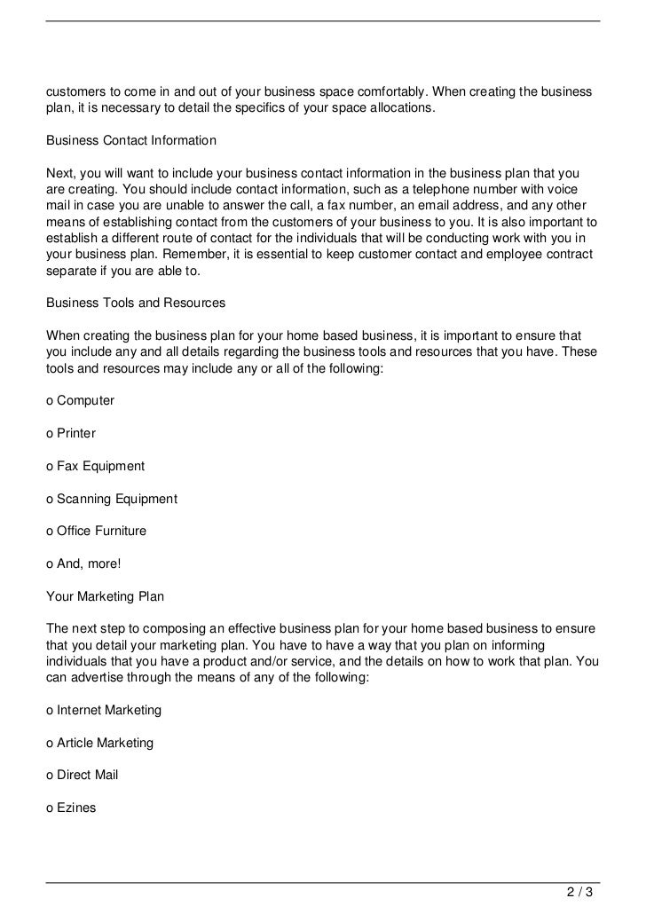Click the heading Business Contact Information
coord(130,141)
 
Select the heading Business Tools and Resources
coord(135,303)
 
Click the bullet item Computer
coord(80,400)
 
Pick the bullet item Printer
coord(70,433)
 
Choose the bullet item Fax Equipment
coord(95,466)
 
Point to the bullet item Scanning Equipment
coord(111,499)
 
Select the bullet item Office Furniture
coord(96,531)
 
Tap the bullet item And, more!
coord(82,563)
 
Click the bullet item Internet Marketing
coord(103,710)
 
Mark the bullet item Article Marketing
coord(99,742)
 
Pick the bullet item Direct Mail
coord(82,775)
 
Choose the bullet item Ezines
coord(71,808)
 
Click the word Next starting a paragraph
coord(60,173)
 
